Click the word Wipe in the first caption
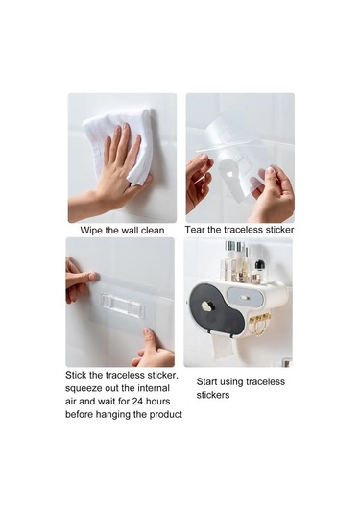92,231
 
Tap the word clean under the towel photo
152,231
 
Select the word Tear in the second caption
195,230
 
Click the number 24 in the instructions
137,402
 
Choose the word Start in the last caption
206,381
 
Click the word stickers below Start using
213,395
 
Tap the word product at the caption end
166,415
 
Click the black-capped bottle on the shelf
259,271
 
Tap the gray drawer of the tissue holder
246,298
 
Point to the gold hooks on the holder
260,324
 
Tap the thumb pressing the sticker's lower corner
149,336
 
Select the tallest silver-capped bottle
230,258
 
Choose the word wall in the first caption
131,231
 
